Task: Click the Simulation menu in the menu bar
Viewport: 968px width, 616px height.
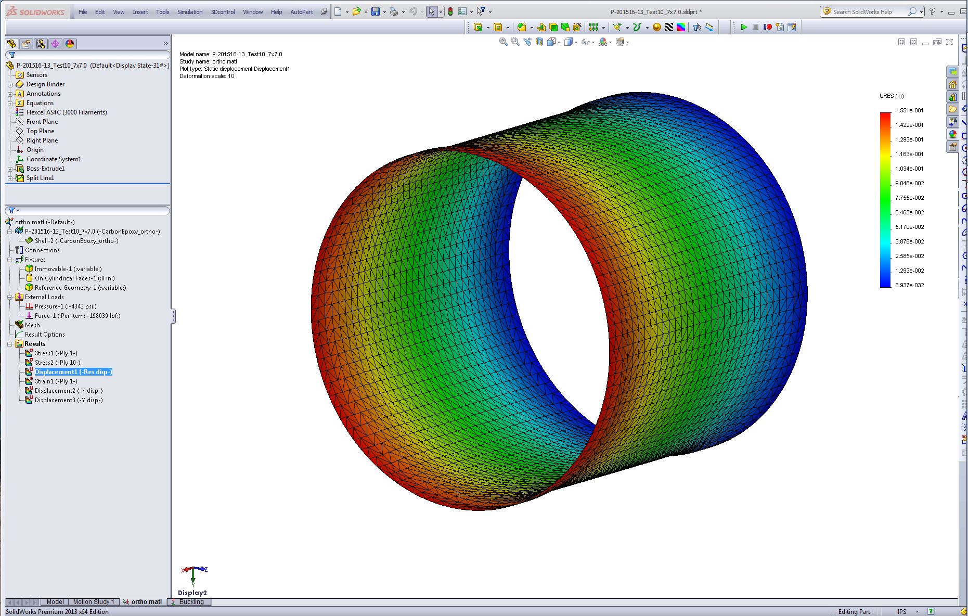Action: click(x=190, y=12)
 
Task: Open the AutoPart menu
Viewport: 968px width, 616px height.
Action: click(x=302, y=12)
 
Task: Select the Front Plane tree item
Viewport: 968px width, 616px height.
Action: click(x=42, y=122)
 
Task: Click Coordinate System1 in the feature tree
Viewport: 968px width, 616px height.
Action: click(x=54, y=159)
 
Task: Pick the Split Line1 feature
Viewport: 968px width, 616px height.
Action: click(x=40, y=178)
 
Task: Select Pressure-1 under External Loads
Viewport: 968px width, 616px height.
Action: click(x=66, y=306)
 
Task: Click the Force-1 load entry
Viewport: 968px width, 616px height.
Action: click(x=78, y=316)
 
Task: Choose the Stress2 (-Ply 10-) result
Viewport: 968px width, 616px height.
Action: click(x=57, y=363)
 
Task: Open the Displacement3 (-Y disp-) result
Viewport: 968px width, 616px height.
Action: click(x=69, y=400)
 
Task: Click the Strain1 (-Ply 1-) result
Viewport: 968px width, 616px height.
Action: click(x=56, y=381)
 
